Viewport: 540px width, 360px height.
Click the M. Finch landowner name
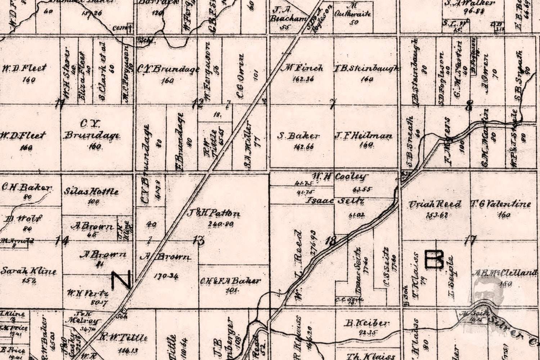click(x=301, y=68)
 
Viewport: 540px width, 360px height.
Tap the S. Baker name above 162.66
click(x=298, y=136)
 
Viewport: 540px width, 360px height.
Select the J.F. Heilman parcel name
click(x=364, y=136)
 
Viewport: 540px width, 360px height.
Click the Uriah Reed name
click(x=435, y=204)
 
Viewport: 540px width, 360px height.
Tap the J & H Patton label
click(x=213, y=213)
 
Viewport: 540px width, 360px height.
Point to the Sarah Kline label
click(x=28, y=271)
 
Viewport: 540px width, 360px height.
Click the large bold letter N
click(x=121, y=280)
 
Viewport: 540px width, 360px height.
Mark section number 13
click(x=199, y=240)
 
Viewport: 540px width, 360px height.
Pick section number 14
click(x=62, y=240)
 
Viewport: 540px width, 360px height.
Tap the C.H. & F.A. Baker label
click(x=230, y=281)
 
